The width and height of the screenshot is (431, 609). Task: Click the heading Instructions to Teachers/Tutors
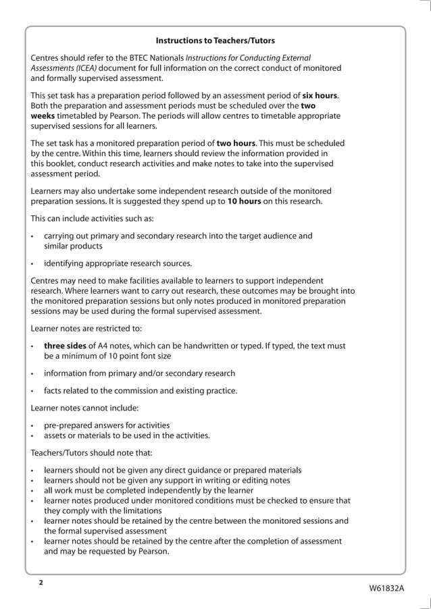click(215, 41)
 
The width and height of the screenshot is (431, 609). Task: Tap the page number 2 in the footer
click(41, 582)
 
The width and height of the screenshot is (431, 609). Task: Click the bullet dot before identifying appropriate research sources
click(33, 263)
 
